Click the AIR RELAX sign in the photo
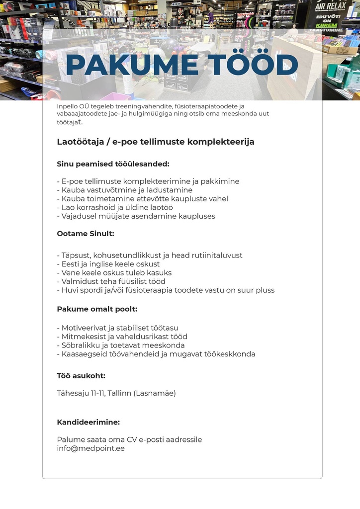[330, 6]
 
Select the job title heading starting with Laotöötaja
[156, 142]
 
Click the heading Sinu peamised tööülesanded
[113, 164]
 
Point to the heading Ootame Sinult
[86, 234]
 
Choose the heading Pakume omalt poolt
[97, 309]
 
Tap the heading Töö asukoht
[81, 376]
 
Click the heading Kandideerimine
[89, 423]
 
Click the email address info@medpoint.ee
[91, 448]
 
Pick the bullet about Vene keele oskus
[114, 273]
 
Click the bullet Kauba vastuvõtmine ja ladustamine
[125, 190]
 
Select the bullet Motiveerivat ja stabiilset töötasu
[118, 328]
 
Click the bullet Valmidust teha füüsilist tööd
[111, 281]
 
